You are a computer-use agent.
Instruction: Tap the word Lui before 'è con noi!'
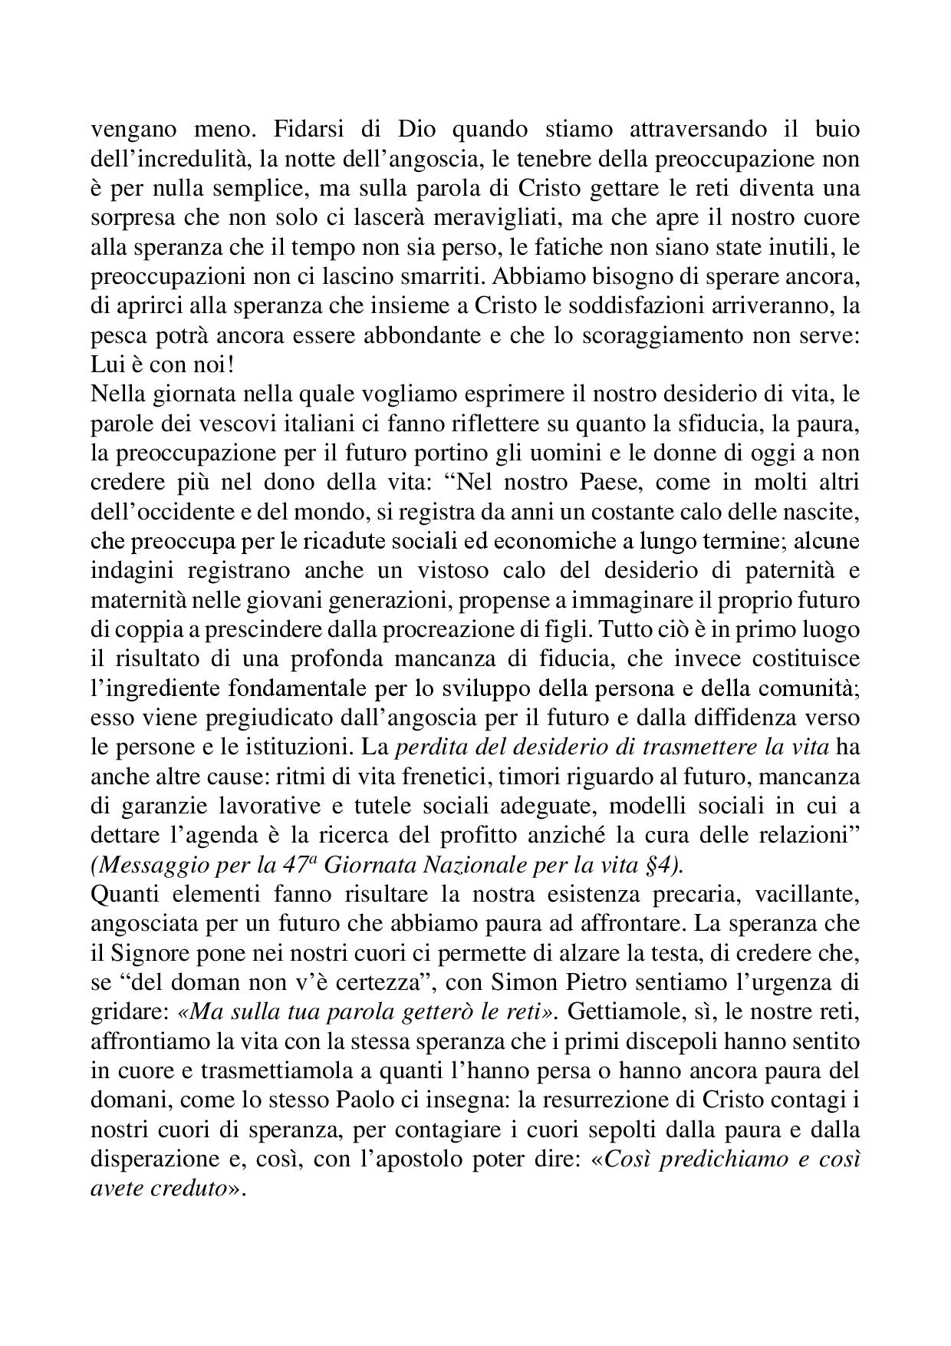pos(107,365)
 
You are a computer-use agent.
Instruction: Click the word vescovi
pos(232,424)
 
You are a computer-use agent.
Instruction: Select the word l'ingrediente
pos(154,688)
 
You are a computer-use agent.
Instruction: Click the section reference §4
pos(660,865)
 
